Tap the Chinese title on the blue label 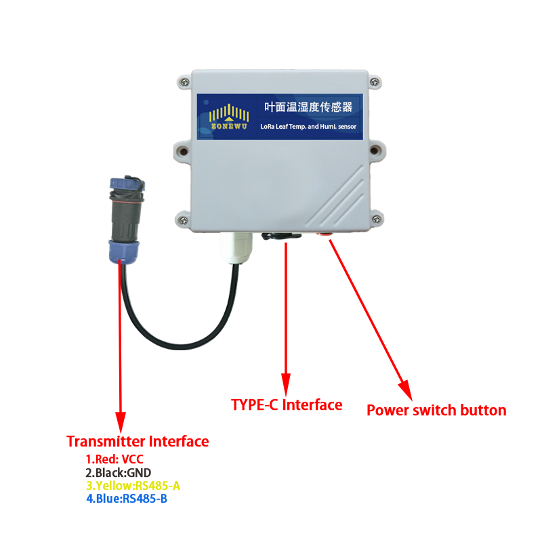(x=308, y=107)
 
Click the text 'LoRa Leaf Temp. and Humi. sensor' (x=308, y=126)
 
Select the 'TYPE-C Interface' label (x=287, y=405)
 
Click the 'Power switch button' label (x=436, y=411)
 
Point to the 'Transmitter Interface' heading (x=138, y=442)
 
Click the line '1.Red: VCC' (x=114, y=460)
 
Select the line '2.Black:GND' (x=119, y=473)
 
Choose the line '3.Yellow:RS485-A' (x=133, y=486)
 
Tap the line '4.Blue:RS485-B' (x=127, y=499)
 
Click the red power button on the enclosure (x=325, y=234)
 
